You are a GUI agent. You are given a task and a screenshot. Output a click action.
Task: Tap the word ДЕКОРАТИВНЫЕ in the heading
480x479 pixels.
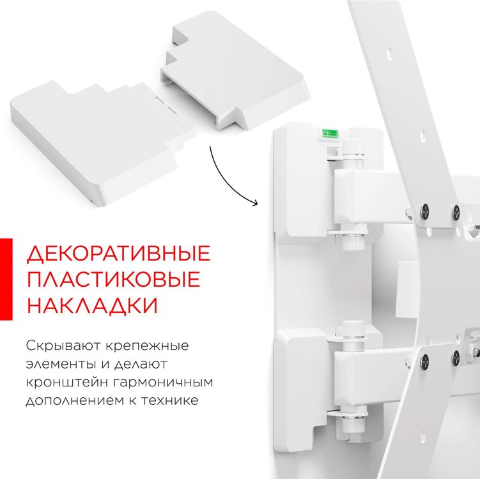118,254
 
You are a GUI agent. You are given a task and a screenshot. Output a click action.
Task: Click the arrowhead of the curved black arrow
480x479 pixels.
255,204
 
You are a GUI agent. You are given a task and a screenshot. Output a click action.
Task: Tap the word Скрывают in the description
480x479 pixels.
61,347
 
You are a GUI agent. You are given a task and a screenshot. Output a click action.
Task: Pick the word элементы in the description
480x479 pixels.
58,365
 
